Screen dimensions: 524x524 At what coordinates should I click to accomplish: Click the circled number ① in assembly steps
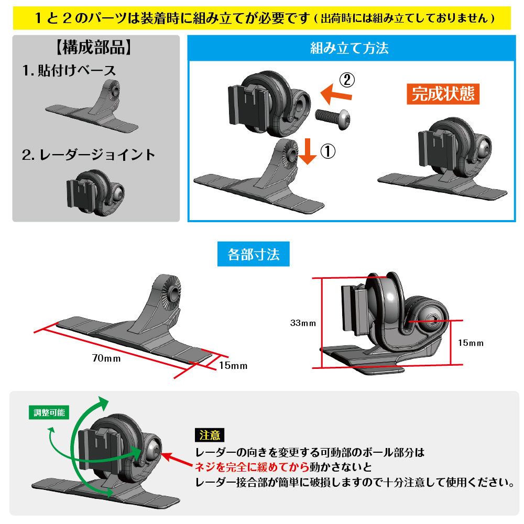click(x=327, y=151)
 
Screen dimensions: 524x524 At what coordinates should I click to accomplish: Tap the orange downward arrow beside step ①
click(x=308, y=152)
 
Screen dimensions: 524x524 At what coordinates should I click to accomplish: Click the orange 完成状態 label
click(x=443, y=94)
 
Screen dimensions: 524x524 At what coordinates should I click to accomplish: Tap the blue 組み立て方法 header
click(x=349, y=49)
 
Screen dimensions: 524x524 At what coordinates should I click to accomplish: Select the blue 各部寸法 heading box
click(x=254, y=255)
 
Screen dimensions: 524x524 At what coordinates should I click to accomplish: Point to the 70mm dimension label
click(x=106, y=358)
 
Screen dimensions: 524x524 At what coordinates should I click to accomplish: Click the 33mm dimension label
click(x=303, y=323)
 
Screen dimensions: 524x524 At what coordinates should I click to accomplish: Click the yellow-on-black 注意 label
click(x=210, y=435)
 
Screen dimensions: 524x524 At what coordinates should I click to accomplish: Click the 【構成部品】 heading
click(x=93, y=48)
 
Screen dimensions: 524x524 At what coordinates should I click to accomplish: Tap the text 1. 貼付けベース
click(x=69, y=70)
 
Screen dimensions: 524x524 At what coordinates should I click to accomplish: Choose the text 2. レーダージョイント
click(x=89, y=155)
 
